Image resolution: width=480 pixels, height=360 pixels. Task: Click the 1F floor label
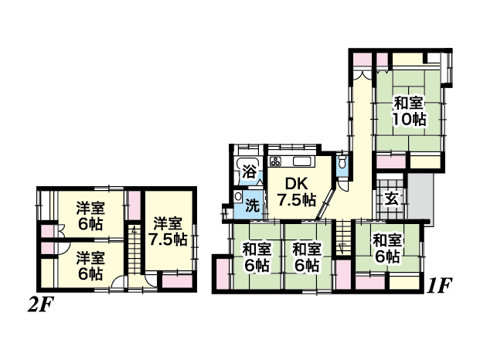coord(439,286)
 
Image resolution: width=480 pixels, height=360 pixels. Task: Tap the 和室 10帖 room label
coord(410,111)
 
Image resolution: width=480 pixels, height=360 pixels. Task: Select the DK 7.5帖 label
coord(296,192)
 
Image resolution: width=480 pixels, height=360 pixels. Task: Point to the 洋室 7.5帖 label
coord(168,232)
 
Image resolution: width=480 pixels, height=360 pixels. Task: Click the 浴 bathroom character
coord(250,172)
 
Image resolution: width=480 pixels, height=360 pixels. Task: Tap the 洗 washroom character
coord(253,205)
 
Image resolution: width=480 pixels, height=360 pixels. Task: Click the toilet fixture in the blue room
coord(342,161)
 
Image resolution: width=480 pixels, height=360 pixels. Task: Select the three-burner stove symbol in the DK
coord(275,161)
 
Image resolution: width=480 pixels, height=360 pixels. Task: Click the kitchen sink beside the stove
coord(302,161)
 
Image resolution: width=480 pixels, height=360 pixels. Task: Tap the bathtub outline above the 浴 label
coord(249,172)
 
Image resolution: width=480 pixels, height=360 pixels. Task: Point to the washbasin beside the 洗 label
coord(237,196)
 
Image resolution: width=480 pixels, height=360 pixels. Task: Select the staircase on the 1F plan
coord(343,237)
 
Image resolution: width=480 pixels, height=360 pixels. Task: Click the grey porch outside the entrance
coord(420,197)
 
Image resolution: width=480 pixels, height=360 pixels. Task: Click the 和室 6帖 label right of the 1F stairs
coord(387,248)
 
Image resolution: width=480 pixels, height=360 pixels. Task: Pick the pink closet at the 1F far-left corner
coord(223,273)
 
